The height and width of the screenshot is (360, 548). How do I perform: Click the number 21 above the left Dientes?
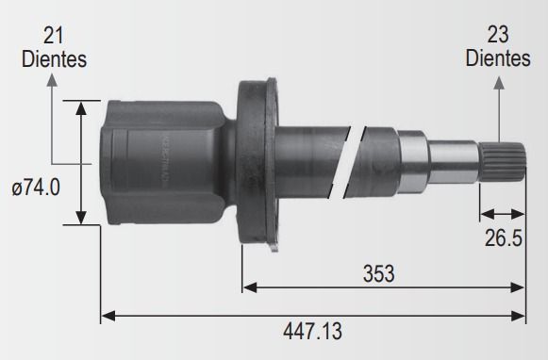(53, 36)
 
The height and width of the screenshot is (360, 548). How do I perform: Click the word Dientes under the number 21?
(54, 59)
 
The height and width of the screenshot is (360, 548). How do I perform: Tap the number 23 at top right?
(498, 35)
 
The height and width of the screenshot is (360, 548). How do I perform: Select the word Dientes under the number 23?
(498, 58)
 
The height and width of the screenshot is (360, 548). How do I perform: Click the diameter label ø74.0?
(36, 188)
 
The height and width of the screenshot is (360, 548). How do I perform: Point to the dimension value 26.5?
(504, 238)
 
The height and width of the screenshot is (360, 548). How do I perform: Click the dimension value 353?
(379, 273)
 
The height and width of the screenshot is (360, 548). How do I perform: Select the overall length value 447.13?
(312, 331)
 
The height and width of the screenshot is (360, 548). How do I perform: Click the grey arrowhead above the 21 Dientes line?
(52, 80)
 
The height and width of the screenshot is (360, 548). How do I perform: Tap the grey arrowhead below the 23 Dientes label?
(499, 83)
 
